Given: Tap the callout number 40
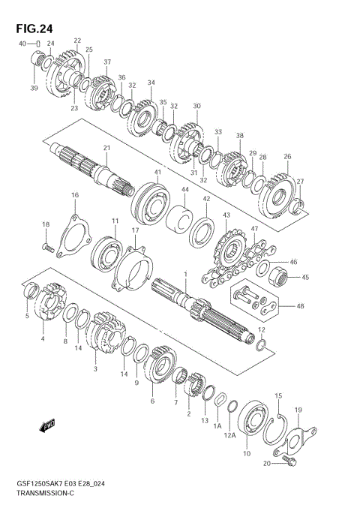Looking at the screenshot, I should pos(23,44).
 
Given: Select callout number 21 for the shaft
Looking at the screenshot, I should pos(106,148).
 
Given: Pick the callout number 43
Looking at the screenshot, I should pos(225,215).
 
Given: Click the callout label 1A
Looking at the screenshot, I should pos(217,426).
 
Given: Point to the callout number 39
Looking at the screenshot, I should pos(33,88).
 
